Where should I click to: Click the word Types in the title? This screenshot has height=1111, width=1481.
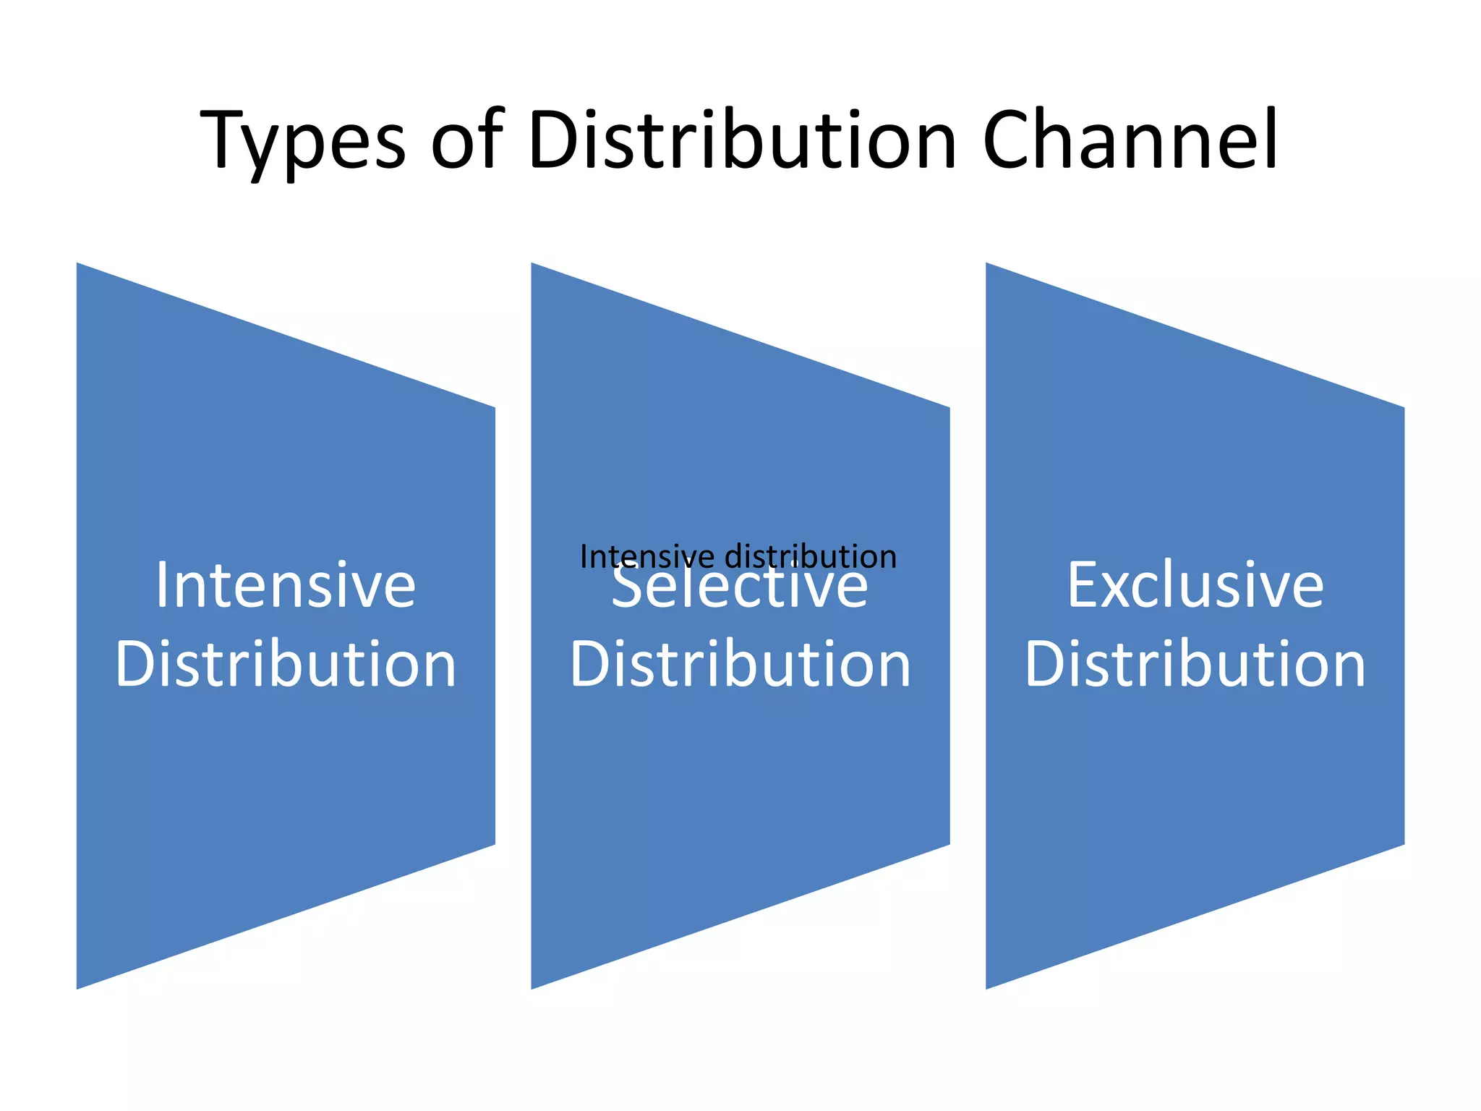point(302,141)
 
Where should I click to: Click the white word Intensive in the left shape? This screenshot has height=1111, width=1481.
point(286,585)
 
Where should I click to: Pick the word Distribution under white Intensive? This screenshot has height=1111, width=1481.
point(286,664)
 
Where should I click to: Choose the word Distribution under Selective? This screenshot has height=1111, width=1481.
point(740,664)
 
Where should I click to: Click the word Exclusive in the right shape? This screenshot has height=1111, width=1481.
point(1195,585)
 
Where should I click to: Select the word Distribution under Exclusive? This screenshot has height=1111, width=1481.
point(1195,664)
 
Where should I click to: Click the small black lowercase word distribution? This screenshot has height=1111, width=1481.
point(811,557)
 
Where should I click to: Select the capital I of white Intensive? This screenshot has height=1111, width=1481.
point(162,585)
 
